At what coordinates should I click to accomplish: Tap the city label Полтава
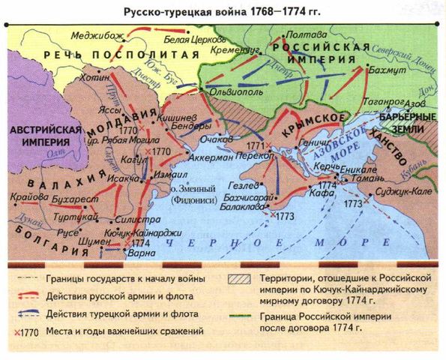[312, 34]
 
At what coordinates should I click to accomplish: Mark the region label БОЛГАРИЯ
[40, 226]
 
